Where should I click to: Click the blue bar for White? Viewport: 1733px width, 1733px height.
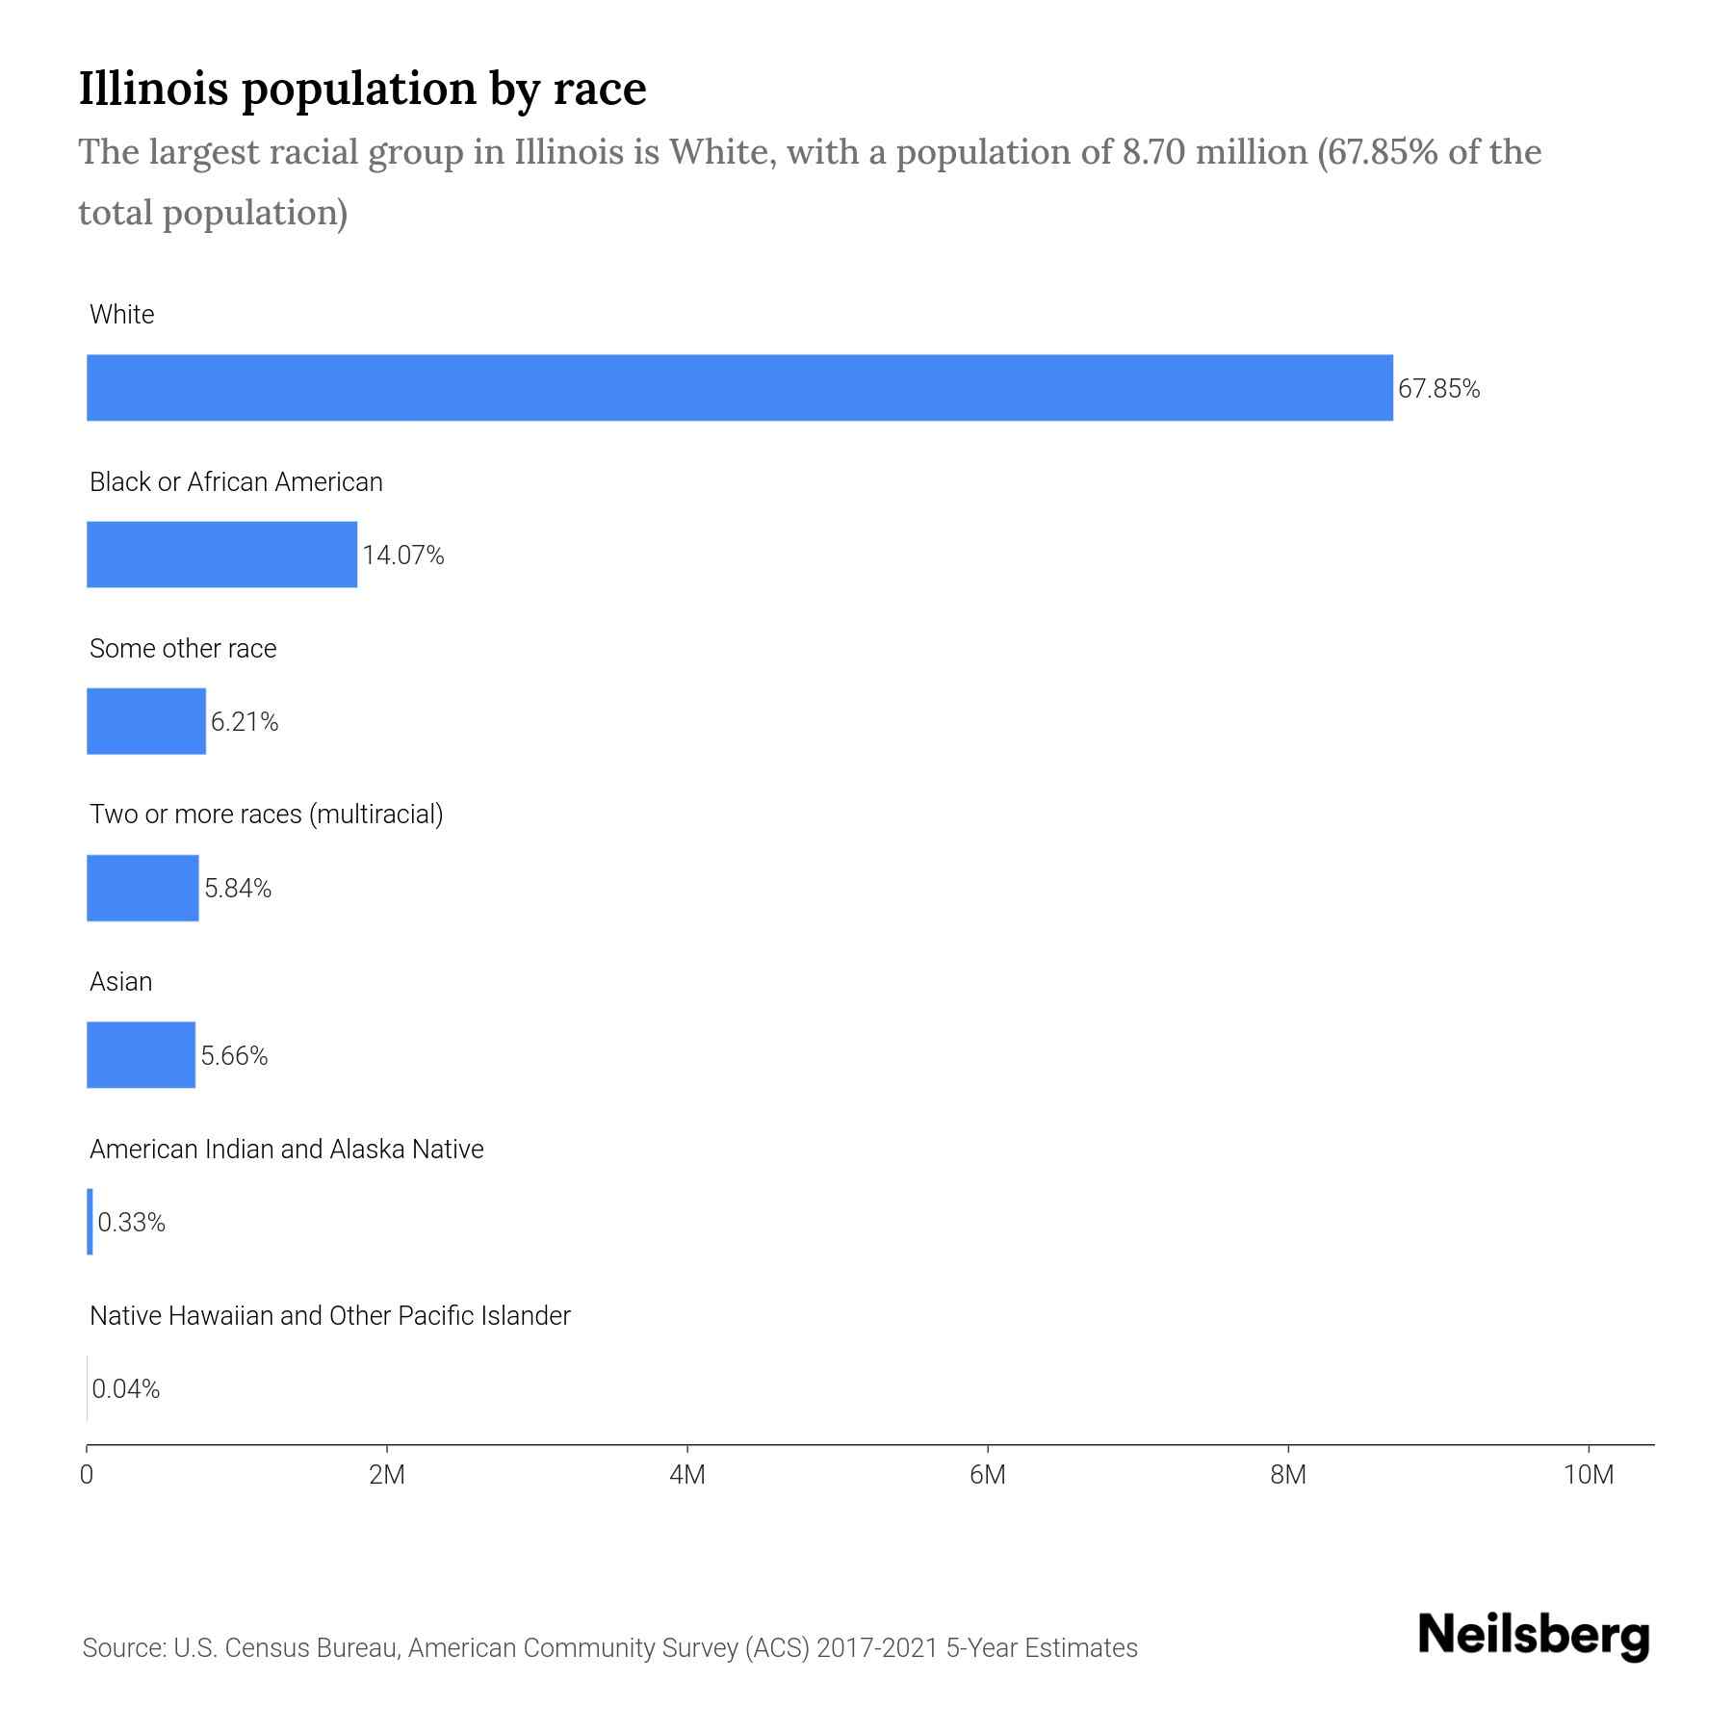[x=739, y=388]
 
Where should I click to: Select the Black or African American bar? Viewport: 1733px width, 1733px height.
[x=221, y=555]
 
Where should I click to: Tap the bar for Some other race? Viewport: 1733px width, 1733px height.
[x=146, y=721]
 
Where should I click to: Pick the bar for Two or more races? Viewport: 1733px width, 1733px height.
[x=142, y=888]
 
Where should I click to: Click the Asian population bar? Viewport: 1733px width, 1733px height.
[x=141, y=1055]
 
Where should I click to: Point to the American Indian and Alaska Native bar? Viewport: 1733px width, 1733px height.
[x=91, y=1222]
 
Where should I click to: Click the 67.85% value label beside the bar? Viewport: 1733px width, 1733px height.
[x=1438, y=389]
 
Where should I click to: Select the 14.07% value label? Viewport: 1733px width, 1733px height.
[x=402, y=556]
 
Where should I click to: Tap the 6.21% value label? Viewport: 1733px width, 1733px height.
[x=245, y=722]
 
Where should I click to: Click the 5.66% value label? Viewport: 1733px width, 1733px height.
[x=234, y=1056]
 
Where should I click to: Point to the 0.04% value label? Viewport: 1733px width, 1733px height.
[x=126, y=1389]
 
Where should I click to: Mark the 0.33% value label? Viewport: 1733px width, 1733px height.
[x=132, y=1223]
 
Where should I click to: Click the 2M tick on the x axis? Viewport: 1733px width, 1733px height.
[x=387, y=1475]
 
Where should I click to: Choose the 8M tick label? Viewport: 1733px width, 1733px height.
[x=1288, y=1475]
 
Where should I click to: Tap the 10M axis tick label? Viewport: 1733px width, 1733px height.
[x=1589, y=1475]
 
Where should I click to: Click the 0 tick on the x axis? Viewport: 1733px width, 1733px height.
[x=87, y=1475]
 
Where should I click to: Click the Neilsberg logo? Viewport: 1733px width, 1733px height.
[x=1534, y=1636]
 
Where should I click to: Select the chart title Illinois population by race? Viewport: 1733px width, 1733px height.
[x=362, y=89]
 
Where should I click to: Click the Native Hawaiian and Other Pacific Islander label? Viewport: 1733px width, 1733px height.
[x=329, y=1315]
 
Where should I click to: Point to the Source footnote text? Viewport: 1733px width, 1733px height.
[x=609, y=1647]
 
